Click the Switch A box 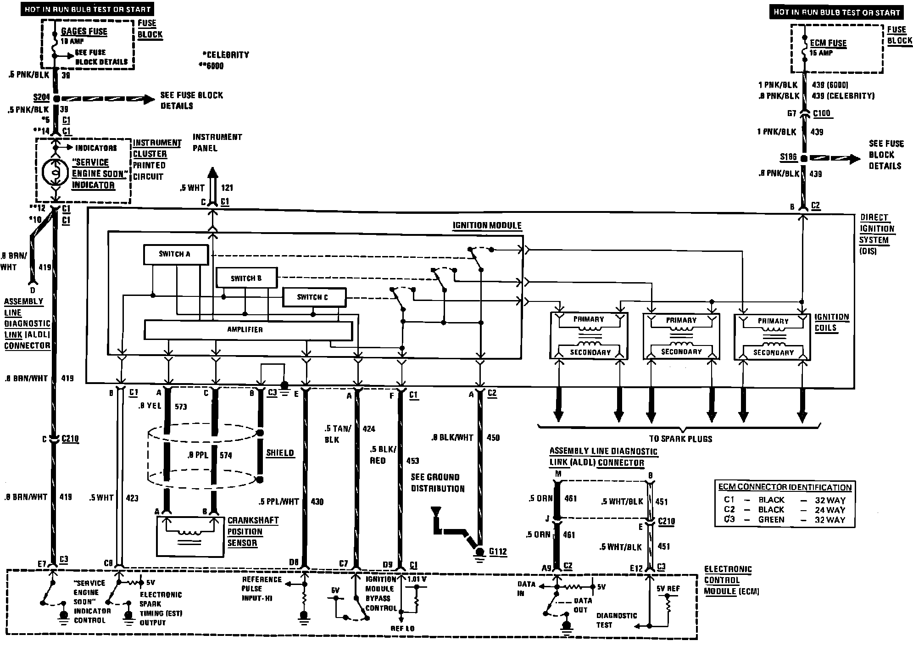(175, 254)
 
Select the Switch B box (246, 278)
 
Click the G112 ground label (498, 551)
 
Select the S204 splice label (41, 98)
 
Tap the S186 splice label (788, 157)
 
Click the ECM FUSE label (828, 43)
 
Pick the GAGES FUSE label (84, 31)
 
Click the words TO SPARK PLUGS (680, 439)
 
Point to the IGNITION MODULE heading (487, 225)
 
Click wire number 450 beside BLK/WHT (493, 438)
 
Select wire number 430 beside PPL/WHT (317, 501)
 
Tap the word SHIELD (280, 453)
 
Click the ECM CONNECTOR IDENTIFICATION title (785, 487)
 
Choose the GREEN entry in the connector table (771, 520)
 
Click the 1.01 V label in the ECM (416, 579)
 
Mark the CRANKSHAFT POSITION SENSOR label (253, 532)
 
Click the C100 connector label (821, 113)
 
